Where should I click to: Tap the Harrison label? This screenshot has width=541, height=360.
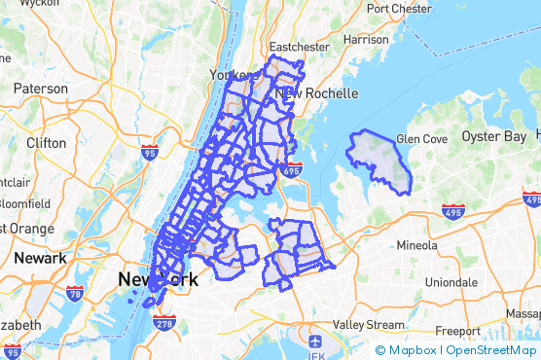click(366, 40)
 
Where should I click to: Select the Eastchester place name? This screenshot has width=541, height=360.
click(301, 47)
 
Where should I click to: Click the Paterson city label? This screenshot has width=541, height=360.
click(40, 89)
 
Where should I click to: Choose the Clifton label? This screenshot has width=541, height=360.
click(46, 143)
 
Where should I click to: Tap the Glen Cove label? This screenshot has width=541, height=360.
click(420, 139)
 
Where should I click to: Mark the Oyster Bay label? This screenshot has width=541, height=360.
click(493, 136)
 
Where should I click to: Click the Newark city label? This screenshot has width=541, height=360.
click(40, 258)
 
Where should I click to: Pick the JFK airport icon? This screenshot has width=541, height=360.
click(314, 342)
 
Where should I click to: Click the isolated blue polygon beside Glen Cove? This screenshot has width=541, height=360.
click(379, 159)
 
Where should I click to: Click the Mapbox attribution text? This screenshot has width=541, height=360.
click(412, 350)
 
